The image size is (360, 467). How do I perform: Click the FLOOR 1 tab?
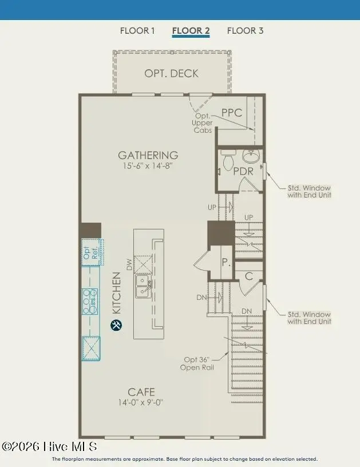(x=137, y=31)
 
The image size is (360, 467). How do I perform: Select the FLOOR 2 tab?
(x=191, y=31)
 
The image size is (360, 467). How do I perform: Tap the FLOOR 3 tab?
(x=245, y=31)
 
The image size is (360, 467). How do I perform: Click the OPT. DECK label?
(x=171, y=73)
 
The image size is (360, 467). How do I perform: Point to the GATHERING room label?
(x=148, y=155)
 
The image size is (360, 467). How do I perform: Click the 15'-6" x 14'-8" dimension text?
(x=148, y=166)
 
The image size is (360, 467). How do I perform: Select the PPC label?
(x=232, y=113)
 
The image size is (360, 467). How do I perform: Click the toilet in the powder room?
(x=228, y=160)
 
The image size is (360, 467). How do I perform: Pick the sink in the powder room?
(x=251, y=155)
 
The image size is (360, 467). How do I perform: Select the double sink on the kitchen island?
(x=141, y=286)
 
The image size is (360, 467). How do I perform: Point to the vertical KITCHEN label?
(x=116, y=293)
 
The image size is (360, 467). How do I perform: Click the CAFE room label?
(x=141, y=392)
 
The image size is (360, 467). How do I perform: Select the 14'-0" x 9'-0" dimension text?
(x=141, y=402)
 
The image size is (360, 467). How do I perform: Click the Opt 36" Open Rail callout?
(x=198, y=363)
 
